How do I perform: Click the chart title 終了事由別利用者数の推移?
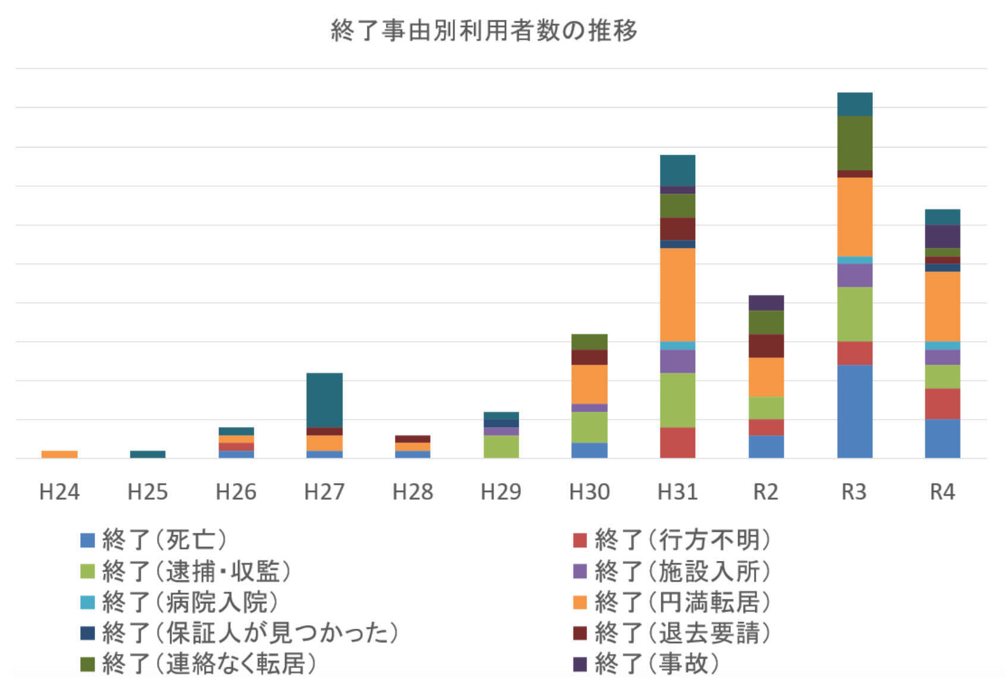483,30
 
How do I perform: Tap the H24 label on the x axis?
59,492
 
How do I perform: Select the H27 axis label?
324,492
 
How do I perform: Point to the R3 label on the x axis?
854,492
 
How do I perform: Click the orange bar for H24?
59,454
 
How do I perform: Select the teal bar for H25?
147,454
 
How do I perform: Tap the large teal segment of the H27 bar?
324,400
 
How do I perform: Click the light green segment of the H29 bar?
501,446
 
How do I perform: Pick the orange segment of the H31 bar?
677,294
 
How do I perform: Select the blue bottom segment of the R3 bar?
855,411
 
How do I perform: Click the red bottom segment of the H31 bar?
677,443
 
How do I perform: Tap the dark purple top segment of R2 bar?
766,303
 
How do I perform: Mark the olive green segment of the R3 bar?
855,143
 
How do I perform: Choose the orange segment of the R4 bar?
943,306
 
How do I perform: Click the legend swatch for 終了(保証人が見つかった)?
87,633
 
